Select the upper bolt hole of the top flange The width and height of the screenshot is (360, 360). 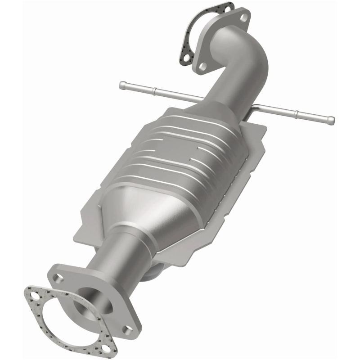(x=243, y=18)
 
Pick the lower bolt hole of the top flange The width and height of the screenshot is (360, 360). (x=203, y=66)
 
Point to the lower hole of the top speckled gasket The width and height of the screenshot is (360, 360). (x=185, y=58)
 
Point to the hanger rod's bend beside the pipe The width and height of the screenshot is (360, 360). (x=256, y=108)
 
